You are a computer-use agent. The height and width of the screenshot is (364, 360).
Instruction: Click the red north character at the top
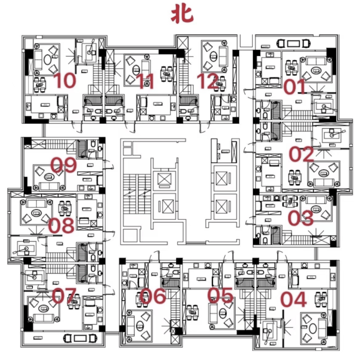click(182, 14)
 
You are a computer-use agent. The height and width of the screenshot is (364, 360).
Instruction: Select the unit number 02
click(302, 154)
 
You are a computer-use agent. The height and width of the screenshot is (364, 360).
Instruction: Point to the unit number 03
click(300, 218)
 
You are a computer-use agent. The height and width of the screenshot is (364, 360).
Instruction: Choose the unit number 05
click(220, 295)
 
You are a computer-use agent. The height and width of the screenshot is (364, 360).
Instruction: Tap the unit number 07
click(65, 295)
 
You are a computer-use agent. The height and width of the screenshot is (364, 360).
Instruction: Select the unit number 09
click(64, 165)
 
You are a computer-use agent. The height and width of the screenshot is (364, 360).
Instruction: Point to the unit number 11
click(145, 81)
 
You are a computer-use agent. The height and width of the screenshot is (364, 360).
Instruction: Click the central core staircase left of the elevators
click(136, 189)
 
